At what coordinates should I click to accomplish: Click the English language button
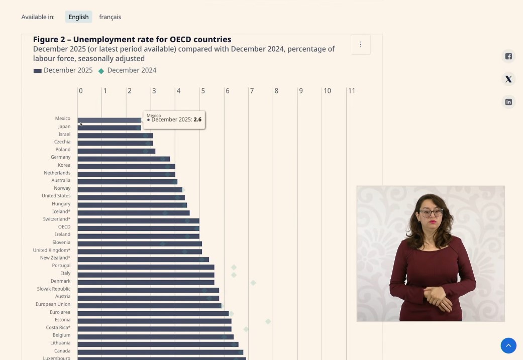pos(78,17)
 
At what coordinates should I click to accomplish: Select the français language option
pos(110,17)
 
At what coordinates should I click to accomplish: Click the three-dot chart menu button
pos(360,44)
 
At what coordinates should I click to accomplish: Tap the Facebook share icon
pos(508,56)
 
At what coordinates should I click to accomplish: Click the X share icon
pos(508,79)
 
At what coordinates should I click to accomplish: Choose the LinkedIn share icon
pos(508,102)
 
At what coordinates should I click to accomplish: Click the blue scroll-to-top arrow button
pos(508,345)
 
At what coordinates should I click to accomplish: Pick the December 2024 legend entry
pos(128,70)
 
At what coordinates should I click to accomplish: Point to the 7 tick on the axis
pos(252,91)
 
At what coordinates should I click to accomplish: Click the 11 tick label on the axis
pos(352,91)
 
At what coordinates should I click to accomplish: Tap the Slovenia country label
pos(61,243)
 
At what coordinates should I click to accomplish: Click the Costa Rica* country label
pos(58,327)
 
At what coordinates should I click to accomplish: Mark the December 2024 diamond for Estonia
pos(268,321)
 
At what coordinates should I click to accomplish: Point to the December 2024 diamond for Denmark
pos(253,283)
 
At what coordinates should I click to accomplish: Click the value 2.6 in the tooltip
pos(197,119)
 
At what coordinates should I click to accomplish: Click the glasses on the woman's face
pos(431,212)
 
